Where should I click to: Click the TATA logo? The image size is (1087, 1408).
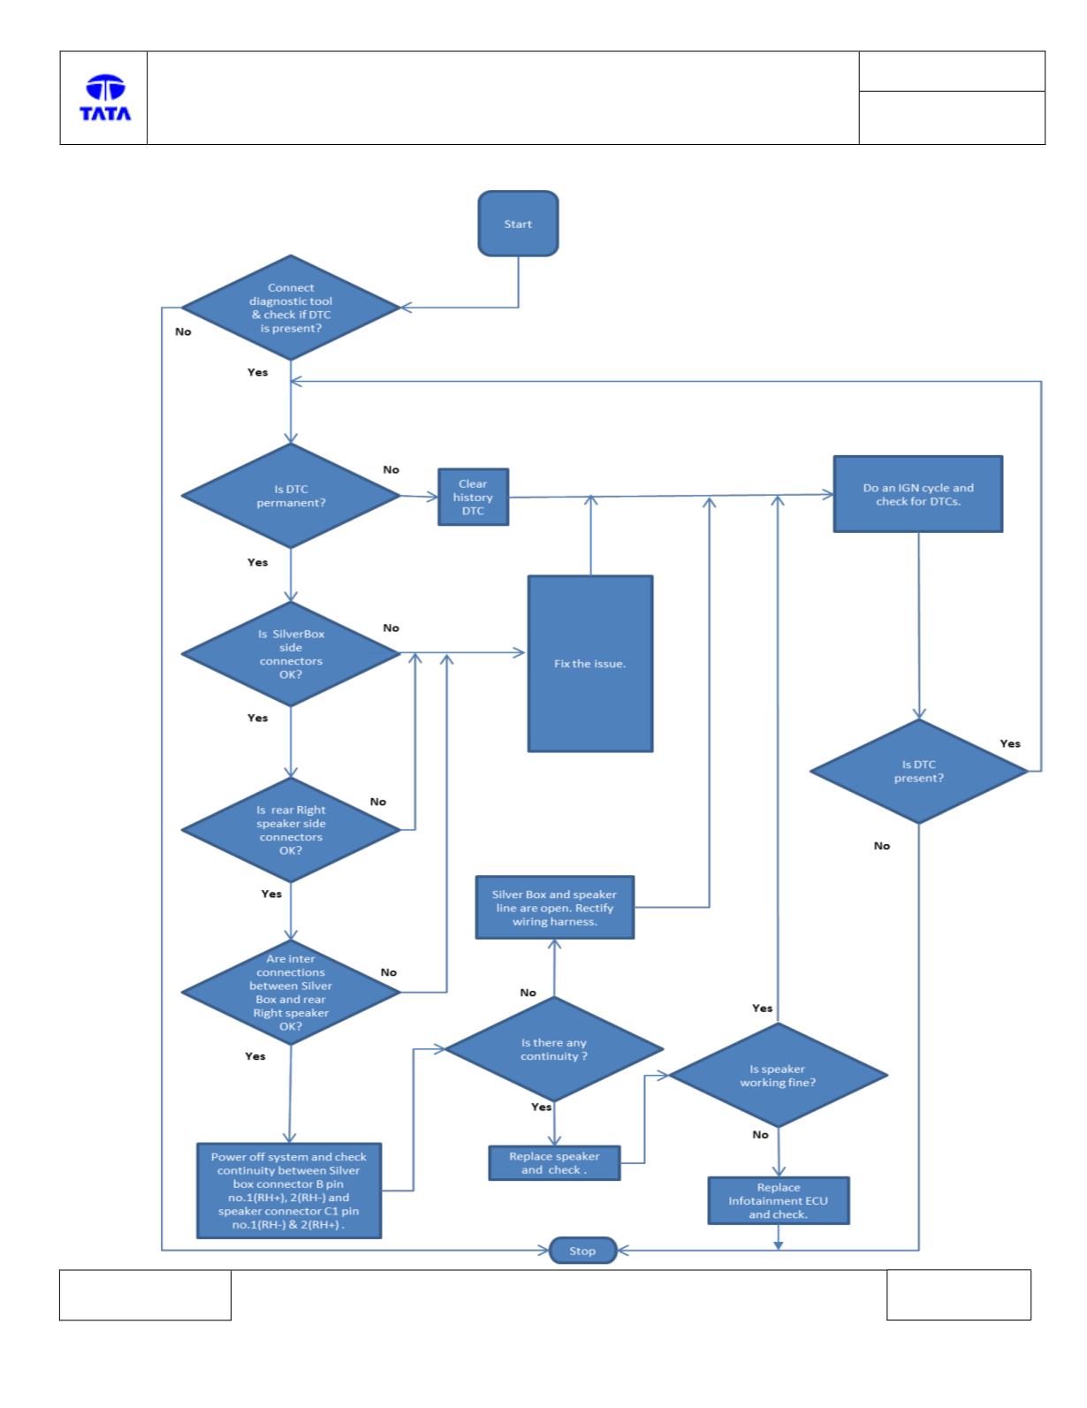(105, 98)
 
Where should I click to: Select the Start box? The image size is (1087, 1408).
(518, 224)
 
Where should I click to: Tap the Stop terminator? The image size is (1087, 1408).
(582, 1251)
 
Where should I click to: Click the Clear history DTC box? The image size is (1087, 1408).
(473, 497)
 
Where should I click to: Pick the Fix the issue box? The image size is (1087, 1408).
(590, 664)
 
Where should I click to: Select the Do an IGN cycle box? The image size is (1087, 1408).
(918, 494)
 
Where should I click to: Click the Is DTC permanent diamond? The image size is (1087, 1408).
(291, 496)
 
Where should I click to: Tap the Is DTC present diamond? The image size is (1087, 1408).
(918, 771)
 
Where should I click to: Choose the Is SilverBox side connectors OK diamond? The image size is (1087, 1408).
(291, 654)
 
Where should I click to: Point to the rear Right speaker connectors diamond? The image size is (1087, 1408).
(291, 830)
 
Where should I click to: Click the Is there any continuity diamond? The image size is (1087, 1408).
(554, 1049)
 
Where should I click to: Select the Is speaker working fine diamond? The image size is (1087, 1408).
(778, 1076)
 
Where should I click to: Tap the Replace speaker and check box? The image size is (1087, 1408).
(554, 1163)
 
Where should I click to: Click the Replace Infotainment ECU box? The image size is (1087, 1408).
(779, 1200)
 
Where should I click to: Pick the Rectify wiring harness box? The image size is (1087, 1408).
(554, 907)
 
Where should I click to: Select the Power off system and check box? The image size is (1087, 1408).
(289, 1191)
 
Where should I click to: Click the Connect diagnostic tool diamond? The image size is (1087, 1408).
(291, 308)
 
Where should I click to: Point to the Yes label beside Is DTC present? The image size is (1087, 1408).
(1010, 743)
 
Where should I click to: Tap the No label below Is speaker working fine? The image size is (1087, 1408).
(761, 1135)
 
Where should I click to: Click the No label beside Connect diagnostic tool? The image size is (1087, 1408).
(183, 331)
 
